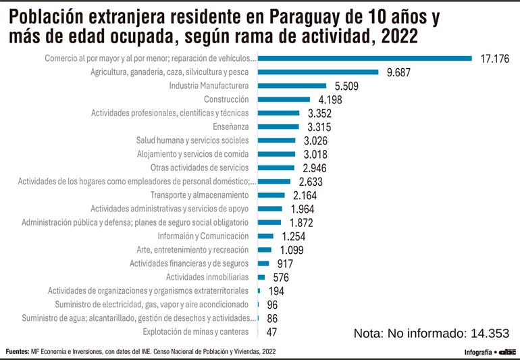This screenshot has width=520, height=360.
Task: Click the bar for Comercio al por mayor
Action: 365,58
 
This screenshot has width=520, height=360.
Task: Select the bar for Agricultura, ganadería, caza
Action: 318,72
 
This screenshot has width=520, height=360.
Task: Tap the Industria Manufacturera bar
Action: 292,86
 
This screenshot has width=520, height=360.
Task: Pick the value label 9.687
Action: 399,72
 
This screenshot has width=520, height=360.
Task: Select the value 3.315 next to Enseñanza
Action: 319,127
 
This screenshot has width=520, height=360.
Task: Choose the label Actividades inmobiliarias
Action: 207,277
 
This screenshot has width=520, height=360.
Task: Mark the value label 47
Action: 272,332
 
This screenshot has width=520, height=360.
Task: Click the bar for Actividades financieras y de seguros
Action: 263,263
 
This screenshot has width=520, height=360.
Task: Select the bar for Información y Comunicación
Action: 265,236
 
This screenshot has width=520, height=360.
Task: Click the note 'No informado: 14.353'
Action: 431,333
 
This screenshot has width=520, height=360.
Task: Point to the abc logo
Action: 507,352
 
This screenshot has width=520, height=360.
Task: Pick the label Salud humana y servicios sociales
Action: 192,140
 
